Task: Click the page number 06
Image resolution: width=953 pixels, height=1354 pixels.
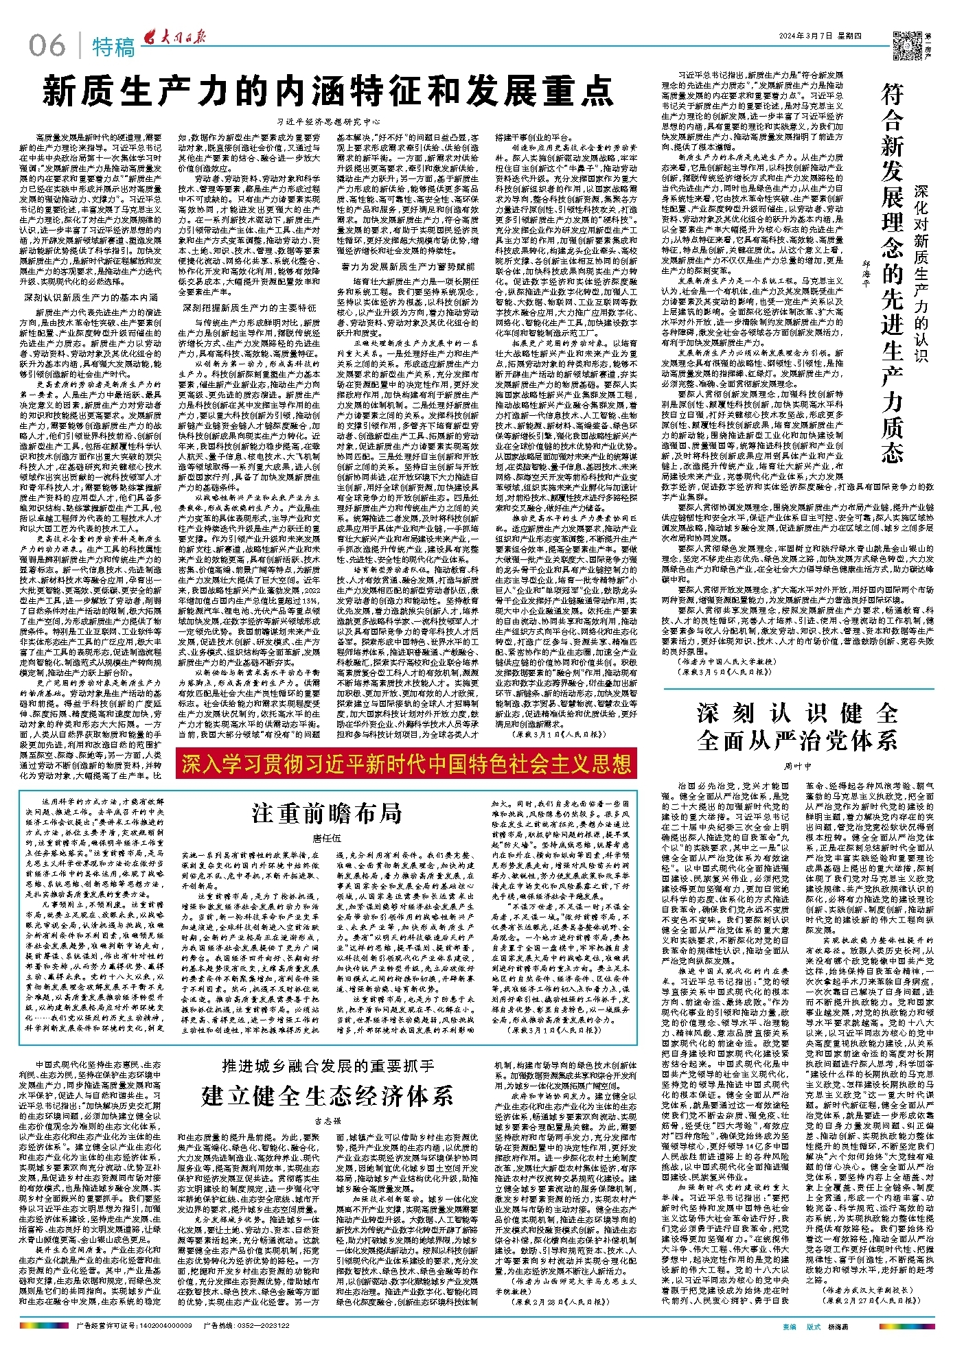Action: [x=47, y=46]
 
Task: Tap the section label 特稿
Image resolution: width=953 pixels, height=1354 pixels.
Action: [x=113, y=47]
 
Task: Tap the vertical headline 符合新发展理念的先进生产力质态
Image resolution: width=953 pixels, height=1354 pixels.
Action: [x=892, y=275]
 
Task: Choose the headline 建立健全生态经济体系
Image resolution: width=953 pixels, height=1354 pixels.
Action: [x=328, y=1095]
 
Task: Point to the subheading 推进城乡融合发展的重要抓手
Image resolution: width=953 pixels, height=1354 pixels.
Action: [x=328, y=1066]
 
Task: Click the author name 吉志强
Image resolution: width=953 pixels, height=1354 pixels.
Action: [x=328, y=1120]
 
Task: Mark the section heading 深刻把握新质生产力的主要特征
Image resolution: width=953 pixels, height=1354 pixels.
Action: [x=249, y=307]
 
